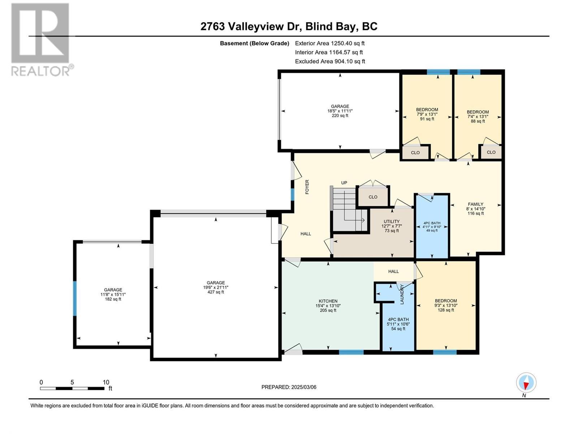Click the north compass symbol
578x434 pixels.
(526, 383)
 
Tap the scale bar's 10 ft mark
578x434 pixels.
(106, 382)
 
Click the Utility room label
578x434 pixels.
(392, 226)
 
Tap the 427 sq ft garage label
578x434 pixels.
(216, 287)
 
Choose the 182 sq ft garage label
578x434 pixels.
(113, 294)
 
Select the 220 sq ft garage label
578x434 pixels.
(340, 111)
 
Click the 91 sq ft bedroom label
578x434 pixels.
(427, 114)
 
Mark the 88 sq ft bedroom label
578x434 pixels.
(478, 116)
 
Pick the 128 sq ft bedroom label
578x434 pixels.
(446, 305)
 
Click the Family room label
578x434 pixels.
(475, 209)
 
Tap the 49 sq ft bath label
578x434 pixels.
(432, 227)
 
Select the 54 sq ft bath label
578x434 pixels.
(398, 324)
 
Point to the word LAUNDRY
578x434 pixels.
(402, 294)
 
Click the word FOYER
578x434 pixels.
(307, 187)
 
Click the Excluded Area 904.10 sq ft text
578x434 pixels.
(330, 61)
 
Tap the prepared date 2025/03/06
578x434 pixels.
(289, 387)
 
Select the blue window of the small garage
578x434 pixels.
(75, 298)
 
